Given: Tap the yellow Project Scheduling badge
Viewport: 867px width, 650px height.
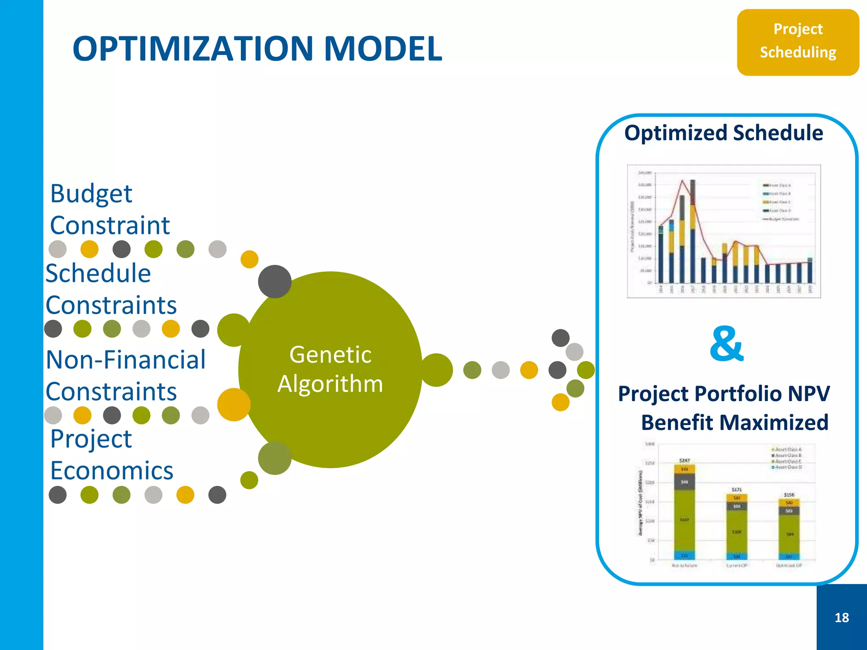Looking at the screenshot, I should click(798, 42).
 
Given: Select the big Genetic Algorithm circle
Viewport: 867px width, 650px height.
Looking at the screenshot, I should click(330, 369).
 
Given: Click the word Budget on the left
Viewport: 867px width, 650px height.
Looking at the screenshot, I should click(91, 193).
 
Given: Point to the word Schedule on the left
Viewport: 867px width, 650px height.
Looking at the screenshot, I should click(98, 273).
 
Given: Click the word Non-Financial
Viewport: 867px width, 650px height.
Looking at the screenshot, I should click(126, 360).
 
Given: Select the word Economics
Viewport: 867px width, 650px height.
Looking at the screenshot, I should click(112, 471).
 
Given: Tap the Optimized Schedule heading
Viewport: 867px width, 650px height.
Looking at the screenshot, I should click(723, 133).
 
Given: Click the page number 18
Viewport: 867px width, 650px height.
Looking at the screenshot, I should click(842, 617).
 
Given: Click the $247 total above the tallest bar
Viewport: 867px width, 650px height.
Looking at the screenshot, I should click(684, 460).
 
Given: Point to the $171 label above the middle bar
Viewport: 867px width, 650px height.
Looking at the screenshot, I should click(737, 489).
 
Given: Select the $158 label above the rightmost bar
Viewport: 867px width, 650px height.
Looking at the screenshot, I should click(789, 494).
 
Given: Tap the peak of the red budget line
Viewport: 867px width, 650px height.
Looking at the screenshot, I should click(682, 181).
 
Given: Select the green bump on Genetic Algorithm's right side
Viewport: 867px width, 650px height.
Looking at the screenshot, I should click(437, 370).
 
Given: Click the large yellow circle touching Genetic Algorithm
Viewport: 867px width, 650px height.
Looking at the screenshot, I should click(233, 405).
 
